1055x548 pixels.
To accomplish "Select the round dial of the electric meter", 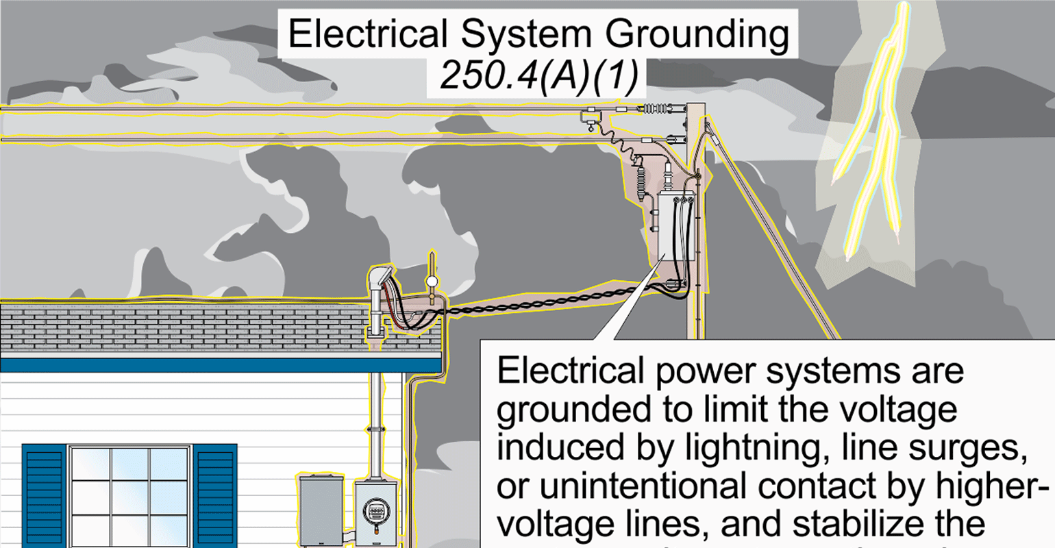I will pyautogui.click(x=373, y=512).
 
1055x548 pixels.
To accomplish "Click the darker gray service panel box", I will pyautogui.click(x=321, y=510).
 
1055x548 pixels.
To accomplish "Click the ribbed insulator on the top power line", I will pyautogui.click(x=654, y=108).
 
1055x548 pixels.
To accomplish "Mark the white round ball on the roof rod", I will pyautogui.click(x=432, y=281).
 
